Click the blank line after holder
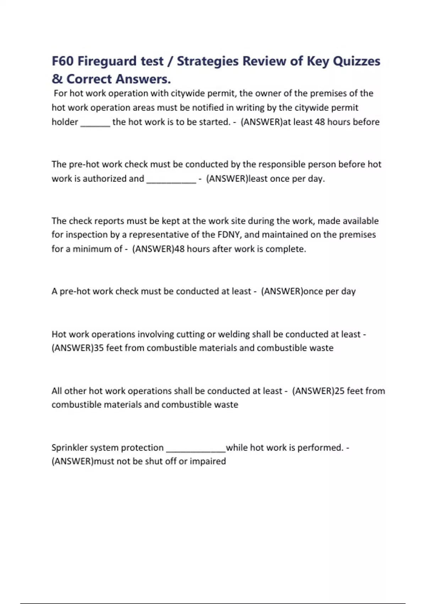(x=95, y=123)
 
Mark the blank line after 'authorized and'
(x=171, y=179)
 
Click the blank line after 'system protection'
(x=196, y=448)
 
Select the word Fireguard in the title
(x=107, y=61)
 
